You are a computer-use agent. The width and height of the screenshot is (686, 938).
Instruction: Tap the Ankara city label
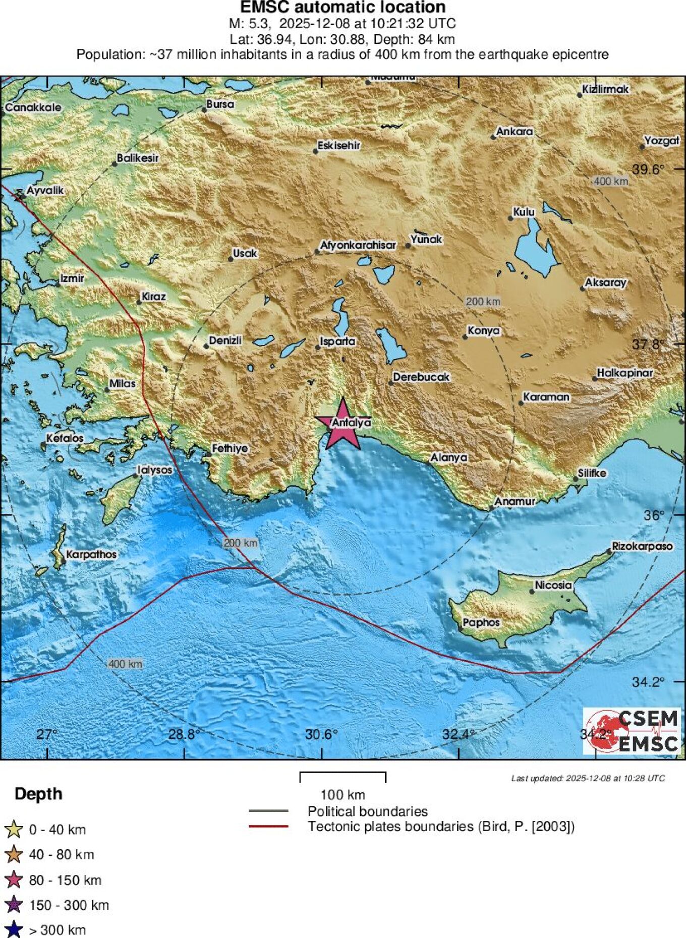click(x=514, y=132)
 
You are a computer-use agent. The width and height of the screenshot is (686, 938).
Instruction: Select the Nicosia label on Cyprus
click(x=553, y=585)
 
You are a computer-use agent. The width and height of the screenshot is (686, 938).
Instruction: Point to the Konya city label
click(x=483, y=331)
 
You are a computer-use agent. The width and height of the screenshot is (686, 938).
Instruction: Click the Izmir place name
click(x=72, y=278)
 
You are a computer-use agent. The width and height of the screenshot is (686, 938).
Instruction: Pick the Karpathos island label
click(x=91, y=554)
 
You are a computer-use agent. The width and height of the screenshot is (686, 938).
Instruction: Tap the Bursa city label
click(x=220, y=104)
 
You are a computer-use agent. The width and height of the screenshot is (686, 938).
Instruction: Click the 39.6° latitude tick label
click(x=648, y=169)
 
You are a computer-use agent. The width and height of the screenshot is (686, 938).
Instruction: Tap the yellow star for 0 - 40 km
click(x=14, y=830)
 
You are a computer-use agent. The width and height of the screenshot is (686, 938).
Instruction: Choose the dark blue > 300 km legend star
click(x=14, y=929)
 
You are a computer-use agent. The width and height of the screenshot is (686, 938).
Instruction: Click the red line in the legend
click(x=268, y=827)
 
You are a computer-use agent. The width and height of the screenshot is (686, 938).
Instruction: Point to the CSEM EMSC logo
click(x=632, y=731)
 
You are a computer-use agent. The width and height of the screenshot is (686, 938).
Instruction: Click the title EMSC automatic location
click(x=342, y=8)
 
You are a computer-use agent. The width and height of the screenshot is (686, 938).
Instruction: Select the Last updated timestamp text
click(x=588, y=778)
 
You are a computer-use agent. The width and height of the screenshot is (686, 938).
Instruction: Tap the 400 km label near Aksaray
click(x=611, y=181)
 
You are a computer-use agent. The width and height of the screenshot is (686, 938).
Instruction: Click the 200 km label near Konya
click(x=483, y=302)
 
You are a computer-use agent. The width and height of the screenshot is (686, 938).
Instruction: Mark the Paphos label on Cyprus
click(x=481, y=622)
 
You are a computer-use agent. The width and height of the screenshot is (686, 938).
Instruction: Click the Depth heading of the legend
click(x=38, y=794)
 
